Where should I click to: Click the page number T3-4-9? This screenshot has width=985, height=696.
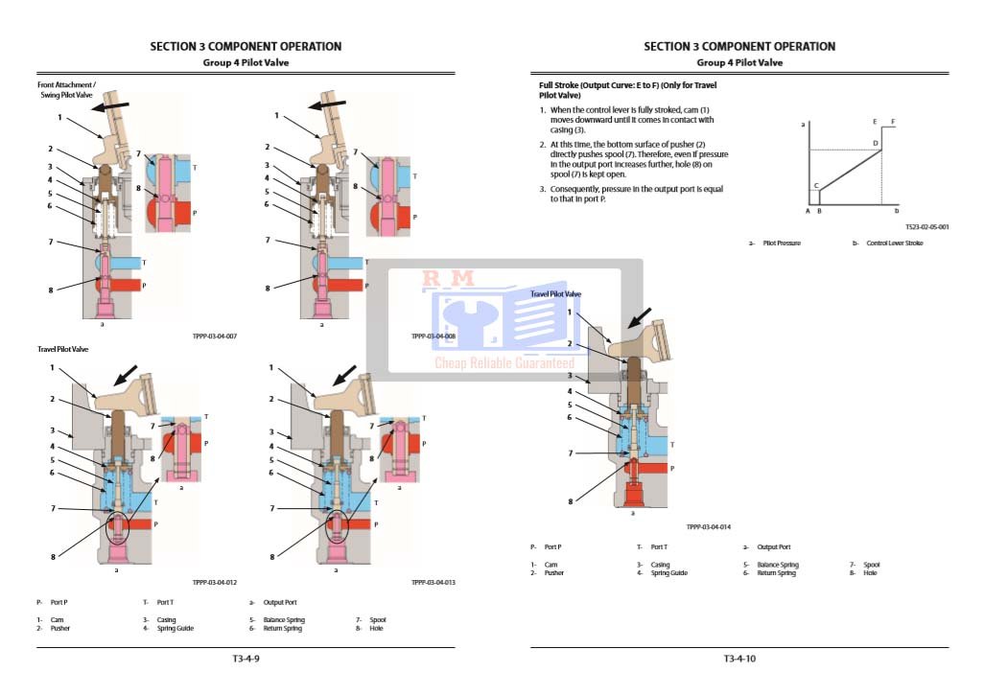tap(246, 659)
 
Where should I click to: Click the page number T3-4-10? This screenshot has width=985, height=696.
tap(739, 659)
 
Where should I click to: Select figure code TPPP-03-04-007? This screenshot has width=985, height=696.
tap(215, 336)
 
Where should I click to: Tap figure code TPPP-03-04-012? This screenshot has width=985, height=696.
tap(215, 582)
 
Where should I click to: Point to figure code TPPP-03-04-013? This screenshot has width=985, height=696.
tap(434, 582)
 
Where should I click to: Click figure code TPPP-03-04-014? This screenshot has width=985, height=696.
tap(709, 526)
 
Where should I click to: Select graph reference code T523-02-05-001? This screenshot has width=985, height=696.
tap(926, 227)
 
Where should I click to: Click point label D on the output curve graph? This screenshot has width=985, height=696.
tap(875, 143)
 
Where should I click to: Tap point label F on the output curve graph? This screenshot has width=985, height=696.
tap(893, 122)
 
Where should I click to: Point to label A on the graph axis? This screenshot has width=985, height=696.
tap(808, 210)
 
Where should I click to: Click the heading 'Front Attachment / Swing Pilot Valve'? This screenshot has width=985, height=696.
tap(66, 90)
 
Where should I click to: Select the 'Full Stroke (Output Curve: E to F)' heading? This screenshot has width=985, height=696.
tap(627, 90)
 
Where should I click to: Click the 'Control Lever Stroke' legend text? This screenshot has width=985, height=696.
tap(894, 244)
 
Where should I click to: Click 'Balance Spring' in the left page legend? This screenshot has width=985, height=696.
tap(284, 620)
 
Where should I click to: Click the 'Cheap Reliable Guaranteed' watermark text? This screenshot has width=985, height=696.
tap(504, 363)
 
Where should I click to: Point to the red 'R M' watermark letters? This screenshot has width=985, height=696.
tap(449, 279)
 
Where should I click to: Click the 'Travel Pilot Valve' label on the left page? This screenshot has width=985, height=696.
tap(63, 350)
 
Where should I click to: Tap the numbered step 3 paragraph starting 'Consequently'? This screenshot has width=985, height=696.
tap(635, 194)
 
